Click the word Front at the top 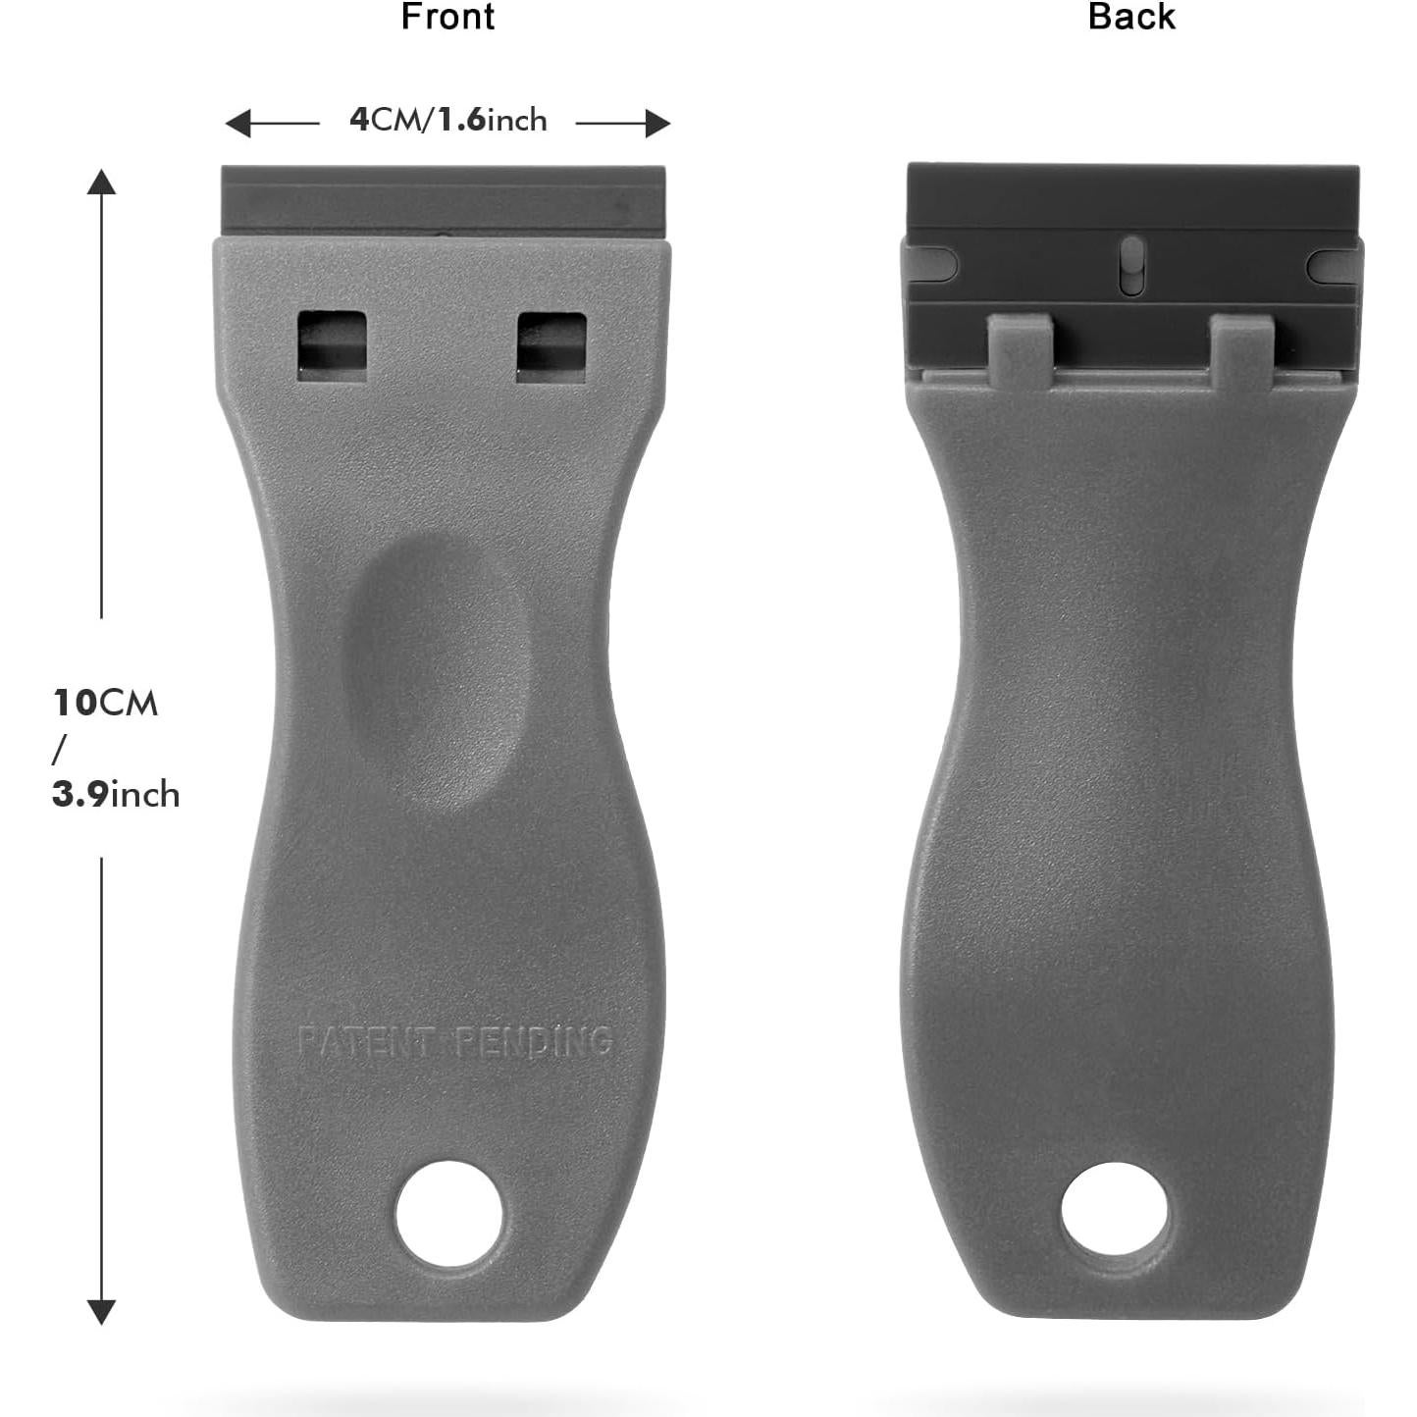point(447,18)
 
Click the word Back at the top point(1130,18)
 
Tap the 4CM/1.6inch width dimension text point(448,120)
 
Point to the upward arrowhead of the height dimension point(101,183)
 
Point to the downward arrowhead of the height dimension point(101,1311)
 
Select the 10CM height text point(105,703)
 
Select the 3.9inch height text point(116,793)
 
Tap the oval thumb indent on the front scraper point(438,667)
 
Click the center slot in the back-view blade point(1131,264)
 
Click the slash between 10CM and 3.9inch point(59,749)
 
